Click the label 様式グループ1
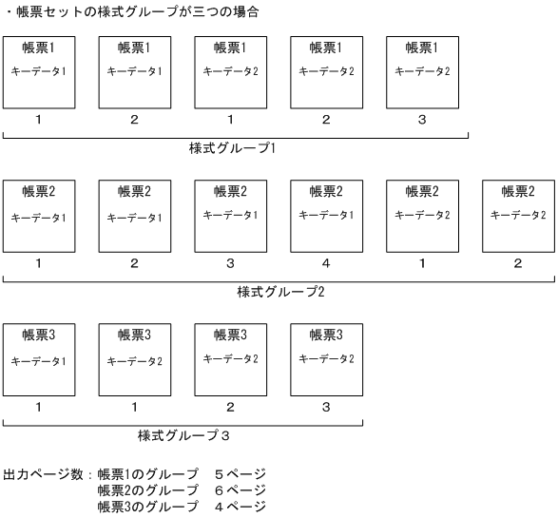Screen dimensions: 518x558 [232, 149]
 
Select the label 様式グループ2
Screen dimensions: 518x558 [280, 292]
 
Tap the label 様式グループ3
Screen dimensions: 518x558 [184, 435]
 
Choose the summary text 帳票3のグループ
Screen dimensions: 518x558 [147, 507]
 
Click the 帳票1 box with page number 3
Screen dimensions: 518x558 [421, 71]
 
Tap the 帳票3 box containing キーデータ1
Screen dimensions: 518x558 [39, 359]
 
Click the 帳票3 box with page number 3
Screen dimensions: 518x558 [326, 359]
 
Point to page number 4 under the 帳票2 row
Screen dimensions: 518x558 [326, 263]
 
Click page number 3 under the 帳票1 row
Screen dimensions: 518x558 [421, 120]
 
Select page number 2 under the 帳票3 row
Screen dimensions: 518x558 [230, 407]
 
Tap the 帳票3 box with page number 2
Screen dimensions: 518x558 [230, 359]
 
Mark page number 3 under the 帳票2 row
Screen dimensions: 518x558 [230, 263]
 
